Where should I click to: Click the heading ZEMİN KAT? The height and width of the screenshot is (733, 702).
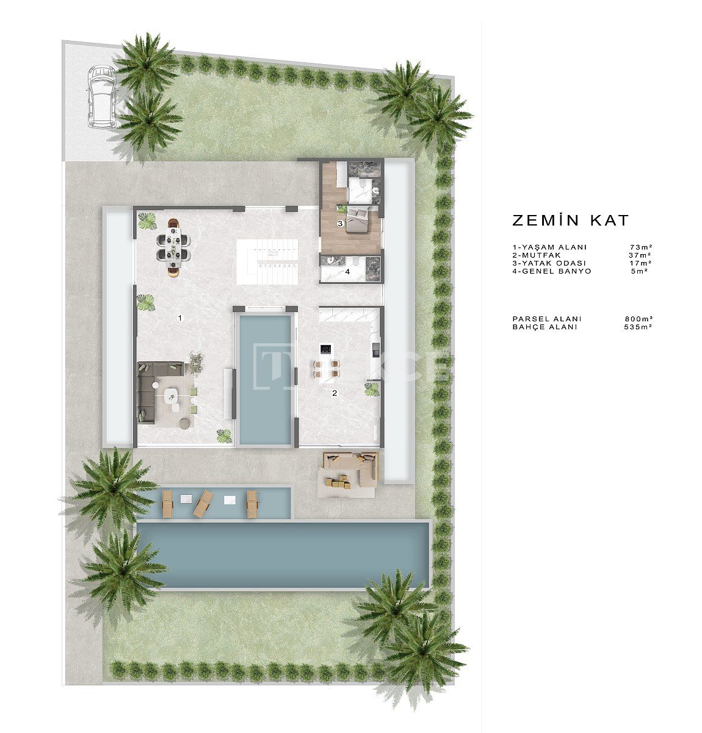[x=570, y=221]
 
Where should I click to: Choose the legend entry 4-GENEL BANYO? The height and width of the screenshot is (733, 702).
[x=552, y=271]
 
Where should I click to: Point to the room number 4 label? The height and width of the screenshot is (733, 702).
[x=347, y=271]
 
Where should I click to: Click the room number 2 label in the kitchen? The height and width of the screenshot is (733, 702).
[x=334, y=393]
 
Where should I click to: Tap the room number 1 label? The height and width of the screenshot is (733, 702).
[x=179, y=318]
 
